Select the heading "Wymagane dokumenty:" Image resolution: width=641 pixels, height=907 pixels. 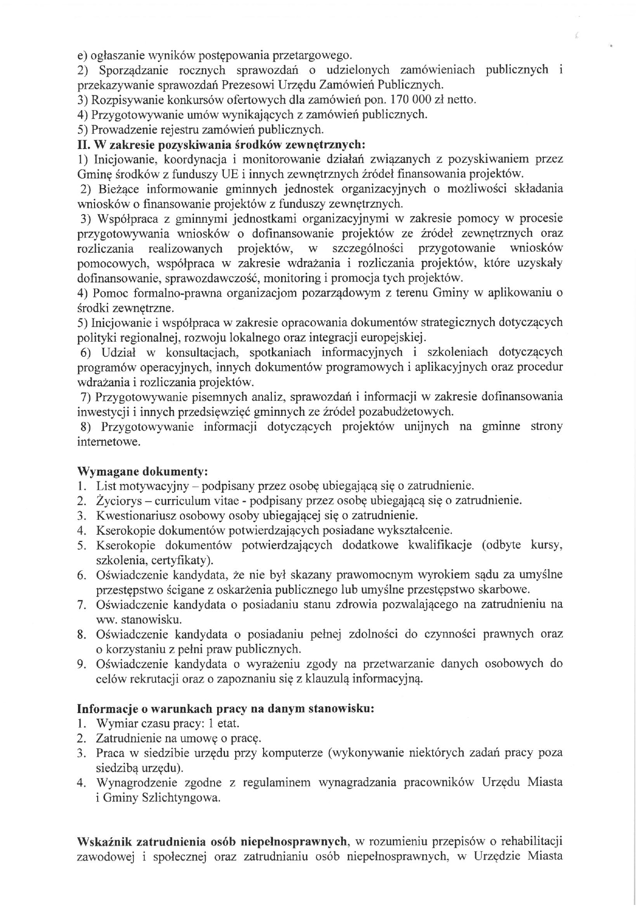[142, 472]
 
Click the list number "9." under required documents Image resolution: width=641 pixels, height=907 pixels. [81, 664]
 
